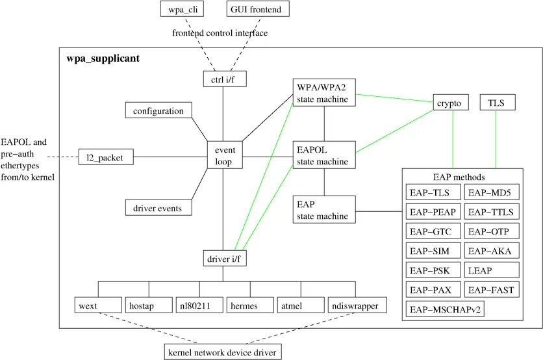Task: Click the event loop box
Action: [x=224, y=156]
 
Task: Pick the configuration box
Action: [x=158, y=111]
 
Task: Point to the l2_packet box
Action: [x=105, y=157]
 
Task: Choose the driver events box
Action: [x=158, y=208]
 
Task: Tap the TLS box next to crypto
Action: [x=496, y=103]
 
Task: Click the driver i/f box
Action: [x=224, y=259]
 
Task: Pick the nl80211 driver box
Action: [x=199, y=305]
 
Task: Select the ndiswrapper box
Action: [x=355, y=305]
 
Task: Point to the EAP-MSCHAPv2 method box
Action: [x=446, y=309]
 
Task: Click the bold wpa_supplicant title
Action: [x=103, y=59]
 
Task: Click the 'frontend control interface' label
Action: [x=220, y=33]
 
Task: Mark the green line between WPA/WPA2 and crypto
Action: [x=395, y=99]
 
